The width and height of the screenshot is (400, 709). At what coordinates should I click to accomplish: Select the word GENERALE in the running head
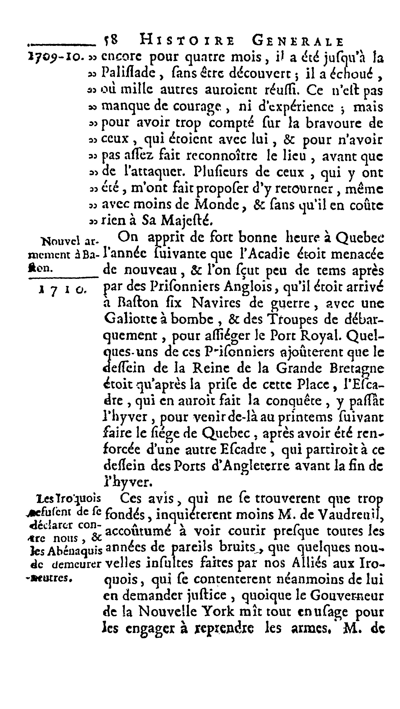click(298, 41)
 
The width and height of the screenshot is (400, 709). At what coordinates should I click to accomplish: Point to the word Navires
click(216, 303)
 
